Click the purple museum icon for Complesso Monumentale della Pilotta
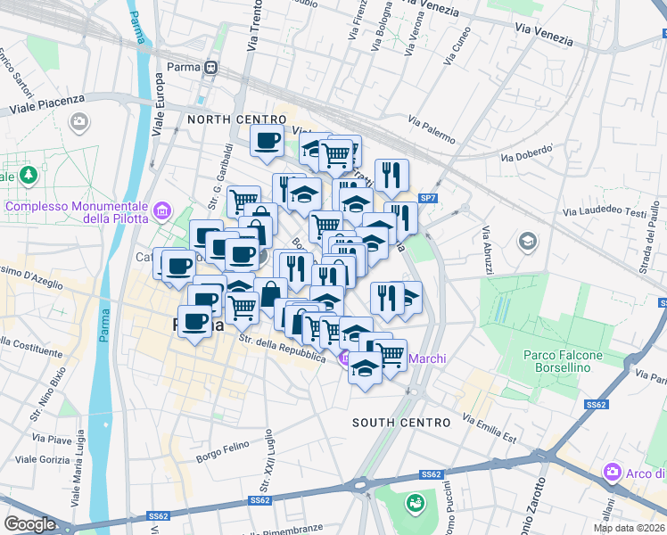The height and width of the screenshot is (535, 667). pos(161,211)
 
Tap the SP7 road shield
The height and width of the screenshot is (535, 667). pos(428,197)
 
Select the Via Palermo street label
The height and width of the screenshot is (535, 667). pos(432,129)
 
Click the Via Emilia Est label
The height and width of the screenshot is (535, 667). pos(490,428)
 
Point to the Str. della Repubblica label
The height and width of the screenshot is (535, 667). pos(282,348)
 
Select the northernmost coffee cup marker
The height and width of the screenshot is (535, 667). pos(268,140)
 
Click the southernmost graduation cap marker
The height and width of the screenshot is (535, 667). pos(365,366)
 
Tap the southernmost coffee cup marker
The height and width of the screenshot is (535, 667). pos(195,321)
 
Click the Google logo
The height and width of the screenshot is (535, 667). pos(29,524)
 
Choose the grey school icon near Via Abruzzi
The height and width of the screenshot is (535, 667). pos(528,242)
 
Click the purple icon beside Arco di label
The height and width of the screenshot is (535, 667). pos(613,472)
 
